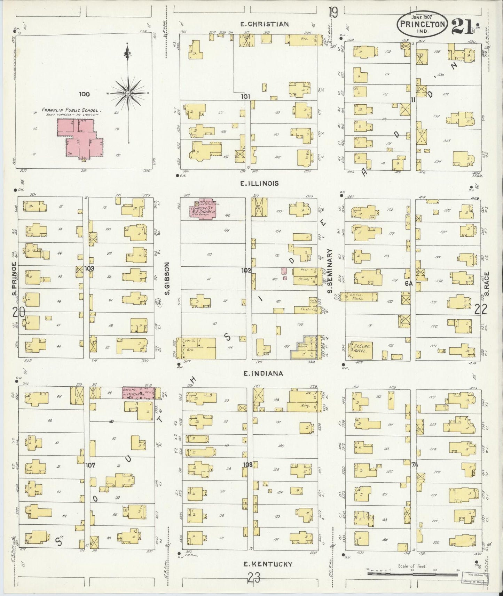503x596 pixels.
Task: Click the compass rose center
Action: (x=128, y=93)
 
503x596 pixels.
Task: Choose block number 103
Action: (x=89, y=268)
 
